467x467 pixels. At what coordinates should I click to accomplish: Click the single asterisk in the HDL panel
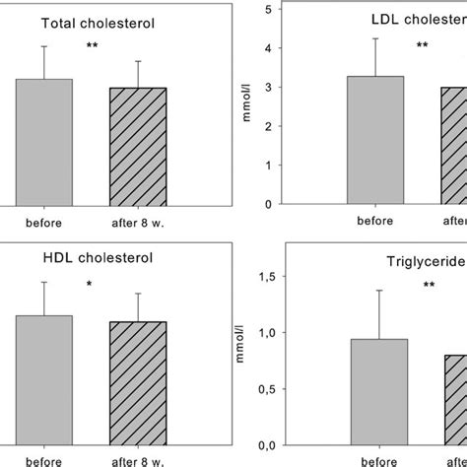(x=91, y=286)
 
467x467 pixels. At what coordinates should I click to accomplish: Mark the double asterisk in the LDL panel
(x=423, y=45)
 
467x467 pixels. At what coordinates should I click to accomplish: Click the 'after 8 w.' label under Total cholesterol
(x=138, y=222)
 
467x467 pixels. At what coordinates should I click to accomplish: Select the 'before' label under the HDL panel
(x=43, y=458)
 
